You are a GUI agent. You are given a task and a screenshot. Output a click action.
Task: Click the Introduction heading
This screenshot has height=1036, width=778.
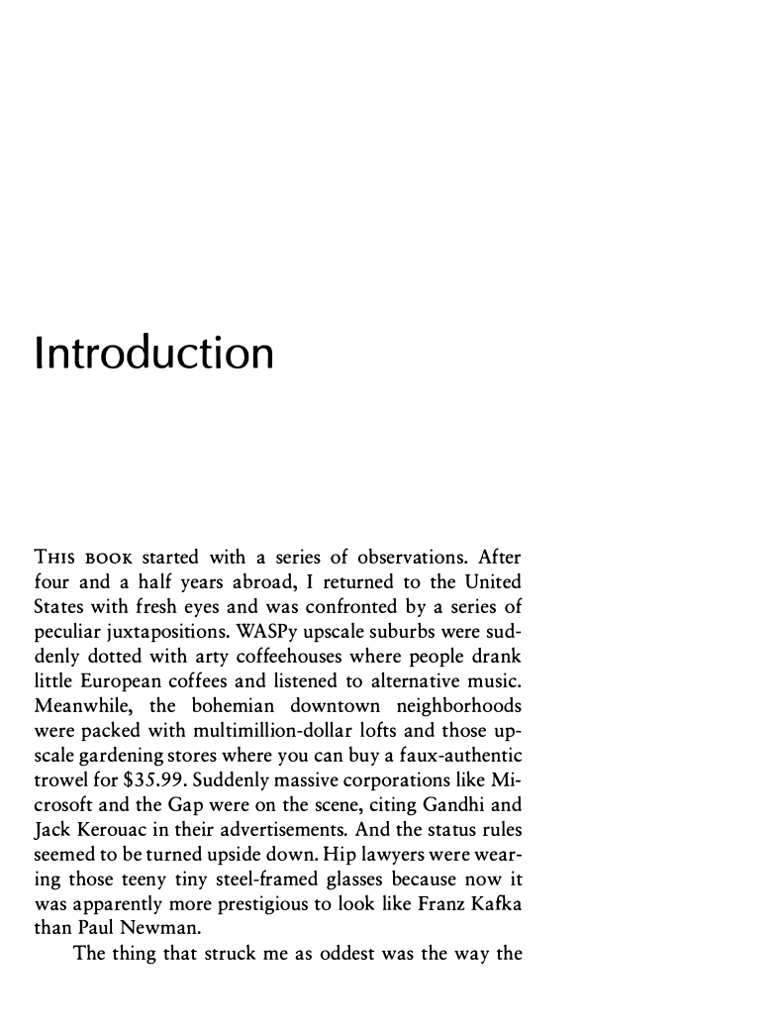click(x=153, y=354)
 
